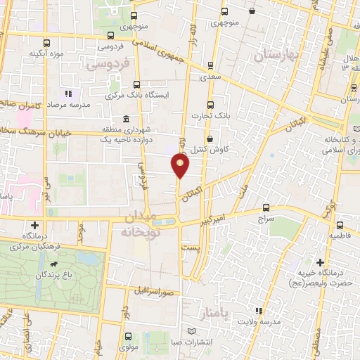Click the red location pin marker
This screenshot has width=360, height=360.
(x=181, y=166)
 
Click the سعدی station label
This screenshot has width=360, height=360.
(x=211, y=77)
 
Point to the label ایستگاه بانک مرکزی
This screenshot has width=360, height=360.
(x=135, y=94)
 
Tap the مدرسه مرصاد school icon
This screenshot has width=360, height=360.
(x=67, y=93)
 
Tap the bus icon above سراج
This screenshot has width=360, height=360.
(x=266, y=207)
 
